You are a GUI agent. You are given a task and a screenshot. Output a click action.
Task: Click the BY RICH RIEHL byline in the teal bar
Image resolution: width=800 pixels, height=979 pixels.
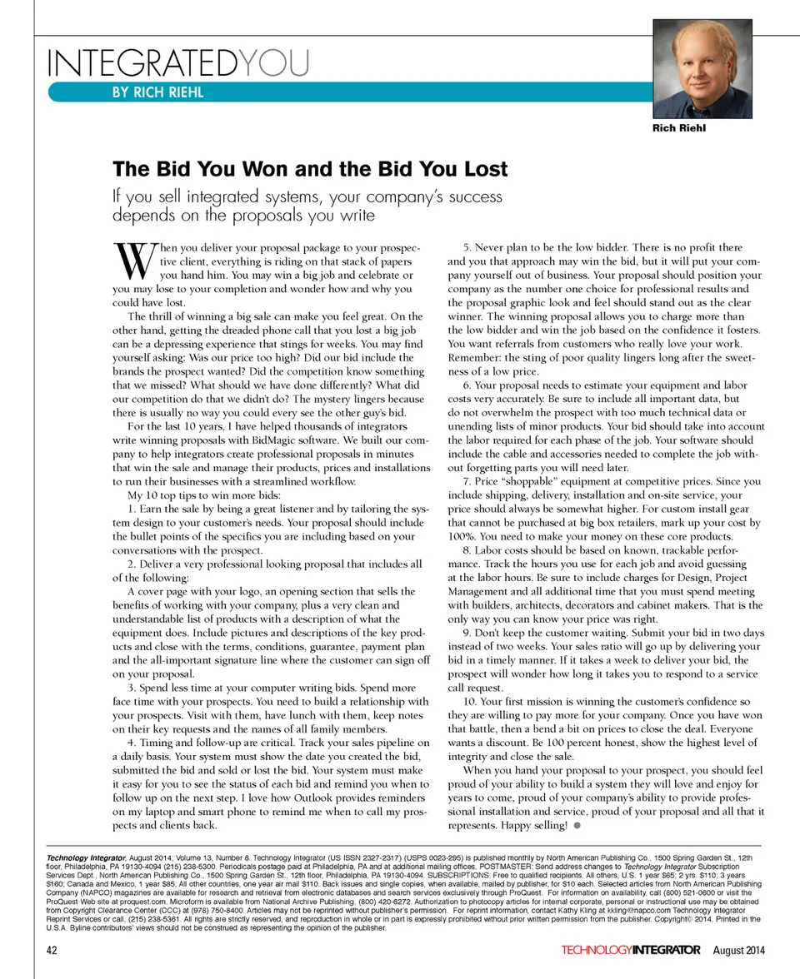(157, 92)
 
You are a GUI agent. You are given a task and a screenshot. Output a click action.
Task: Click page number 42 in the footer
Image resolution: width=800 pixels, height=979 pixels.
(52, 950)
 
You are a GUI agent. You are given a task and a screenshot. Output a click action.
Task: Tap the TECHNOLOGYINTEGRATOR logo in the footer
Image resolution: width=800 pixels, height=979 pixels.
(631, 950)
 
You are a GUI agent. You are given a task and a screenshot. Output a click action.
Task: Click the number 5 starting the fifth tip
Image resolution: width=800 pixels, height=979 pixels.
(466, 247)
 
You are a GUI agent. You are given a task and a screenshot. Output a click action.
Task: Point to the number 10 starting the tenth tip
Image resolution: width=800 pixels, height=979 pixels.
(468, 702)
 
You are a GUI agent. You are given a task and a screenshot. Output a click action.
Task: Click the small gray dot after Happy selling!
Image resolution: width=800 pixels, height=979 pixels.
(576, 826)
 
